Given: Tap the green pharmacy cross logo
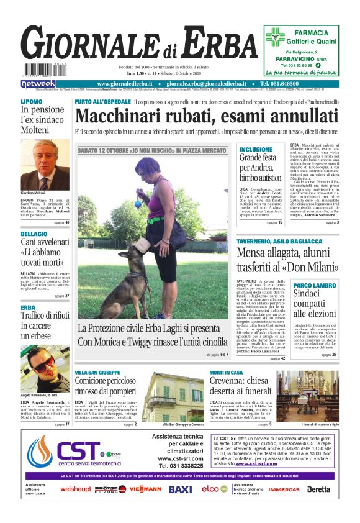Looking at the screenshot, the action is pyautogui.click(x=275, y=37).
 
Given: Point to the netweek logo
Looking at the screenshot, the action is pyautogui.click(x=38, y=84).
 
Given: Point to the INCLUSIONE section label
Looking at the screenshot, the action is pyautogui.click(x=256, y=150).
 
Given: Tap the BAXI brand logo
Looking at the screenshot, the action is pyautogui.click(x=180, y=489).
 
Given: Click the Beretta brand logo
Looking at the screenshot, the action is pyautogui.click(x=318, y=489).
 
